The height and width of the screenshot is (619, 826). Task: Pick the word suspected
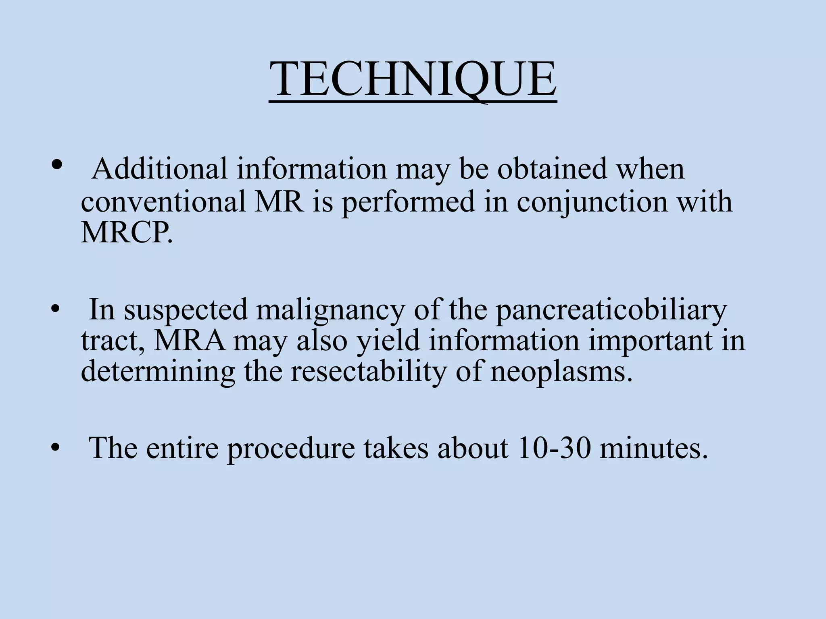(186, 310)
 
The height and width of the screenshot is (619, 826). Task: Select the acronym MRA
(189, 341)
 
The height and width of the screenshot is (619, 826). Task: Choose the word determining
(158, 372)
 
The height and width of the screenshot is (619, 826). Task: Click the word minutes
(653, 448)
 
